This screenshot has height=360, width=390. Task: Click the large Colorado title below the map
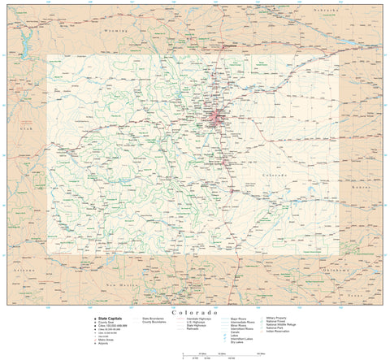tap(195, 312)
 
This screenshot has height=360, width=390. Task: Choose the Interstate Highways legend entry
tap(199, 319)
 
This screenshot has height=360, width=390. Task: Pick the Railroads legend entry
tap(193, 329)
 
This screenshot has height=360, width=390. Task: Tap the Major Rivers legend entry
tap(241, 319)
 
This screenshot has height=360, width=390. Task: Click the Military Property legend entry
tap(277, 318)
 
